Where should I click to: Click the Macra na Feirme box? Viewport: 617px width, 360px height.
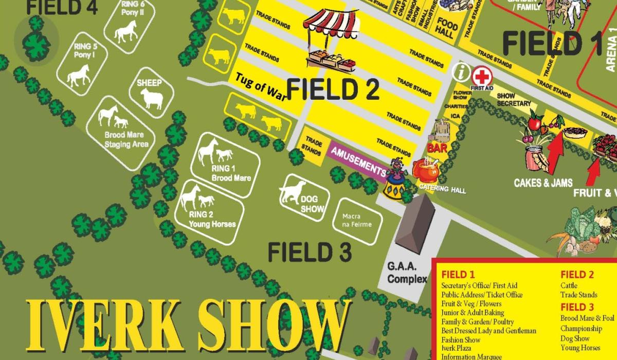click(x=356, y=221)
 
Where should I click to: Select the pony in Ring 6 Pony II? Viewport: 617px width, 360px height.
click(x=125, y=32)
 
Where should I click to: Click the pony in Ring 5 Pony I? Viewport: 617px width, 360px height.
click(x=78, y=75)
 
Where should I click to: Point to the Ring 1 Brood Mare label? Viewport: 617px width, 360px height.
click(x=231, y=173)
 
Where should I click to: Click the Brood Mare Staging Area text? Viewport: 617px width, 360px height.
click(x=126, y=139)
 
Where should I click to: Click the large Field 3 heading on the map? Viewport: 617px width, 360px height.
click(x=310, y=252)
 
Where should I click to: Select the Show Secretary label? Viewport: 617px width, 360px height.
click(x=514, y=100)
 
